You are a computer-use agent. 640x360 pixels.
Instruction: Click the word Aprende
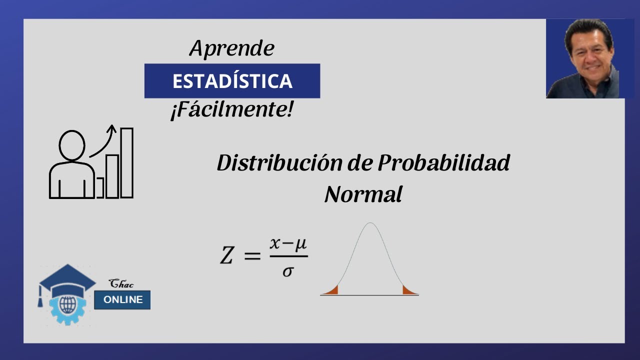[x=232, y=48]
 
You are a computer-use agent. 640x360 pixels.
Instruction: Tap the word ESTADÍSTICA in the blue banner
[x=232, y=81]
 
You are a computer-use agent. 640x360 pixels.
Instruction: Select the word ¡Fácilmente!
[x=231, y=110]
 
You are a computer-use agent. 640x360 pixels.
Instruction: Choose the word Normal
[x=363, y=194]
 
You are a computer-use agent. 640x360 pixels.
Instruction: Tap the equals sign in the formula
[x=252, y=256]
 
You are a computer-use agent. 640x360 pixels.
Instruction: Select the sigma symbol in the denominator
[x=287, y=271]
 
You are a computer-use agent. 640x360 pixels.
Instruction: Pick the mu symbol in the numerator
[x=300, y=244]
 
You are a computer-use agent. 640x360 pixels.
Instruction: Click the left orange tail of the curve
[x=332, y=290]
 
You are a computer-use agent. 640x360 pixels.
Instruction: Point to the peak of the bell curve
[x=369, y=224]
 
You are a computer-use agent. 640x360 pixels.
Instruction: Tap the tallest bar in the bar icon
[x=127, y=163]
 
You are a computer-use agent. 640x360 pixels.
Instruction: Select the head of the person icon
[x=72, y=145]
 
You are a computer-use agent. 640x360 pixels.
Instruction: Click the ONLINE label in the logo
[x=122, y=300]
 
